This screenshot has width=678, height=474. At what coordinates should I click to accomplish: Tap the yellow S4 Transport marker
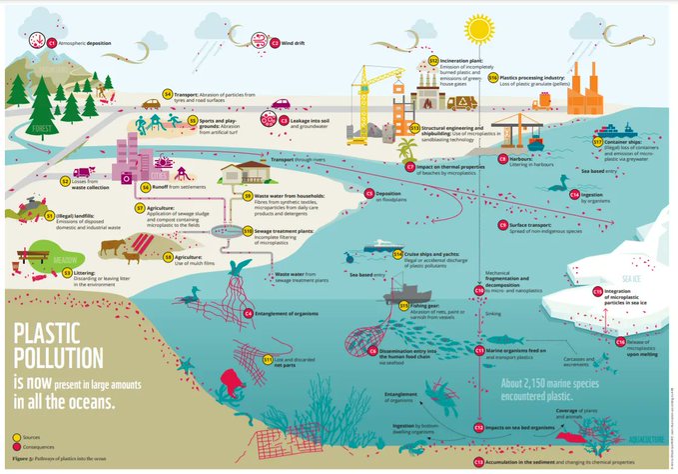(168, 99)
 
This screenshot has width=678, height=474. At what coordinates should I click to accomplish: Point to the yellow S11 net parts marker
(268, 357)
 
